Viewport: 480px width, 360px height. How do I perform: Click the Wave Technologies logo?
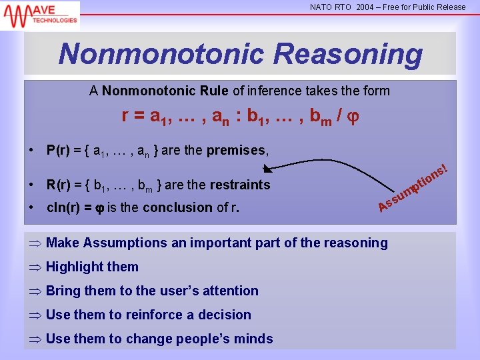[40, 15]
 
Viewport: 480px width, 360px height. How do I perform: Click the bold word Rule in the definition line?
[213, 91]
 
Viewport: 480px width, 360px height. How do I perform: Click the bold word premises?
[236, 150]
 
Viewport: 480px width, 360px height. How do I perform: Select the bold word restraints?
[239, 185]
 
